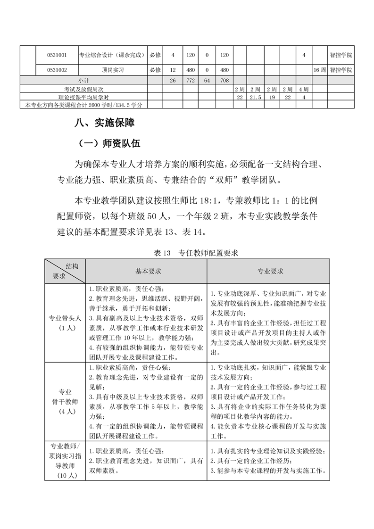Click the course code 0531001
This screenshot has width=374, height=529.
(x=57, y=55)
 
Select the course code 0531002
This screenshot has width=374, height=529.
(x=57, y=70)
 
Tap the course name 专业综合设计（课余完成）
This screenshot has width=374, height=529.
(x=111, y=55)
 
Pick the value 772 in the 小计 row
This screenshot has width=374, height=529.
(x=191, y=81)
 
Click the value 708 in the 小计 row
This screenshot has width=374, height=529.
(x=224, y=81)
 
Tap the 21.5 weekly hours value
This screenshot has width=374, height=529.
(x=255, y=97)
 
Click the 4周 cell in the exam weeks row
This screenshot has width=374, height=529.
(x=303, y=89)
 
